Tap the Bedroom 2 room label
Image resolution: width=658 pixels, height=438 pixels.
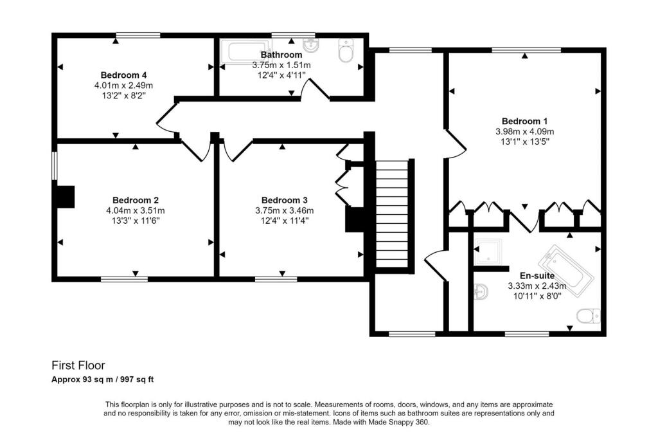[x=135, y=200]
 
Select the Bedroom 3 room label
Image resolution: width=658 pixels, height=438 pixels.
[x=283, y=200]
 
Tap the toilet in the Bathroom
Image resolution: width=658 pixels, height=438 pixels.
[x=346, y=52]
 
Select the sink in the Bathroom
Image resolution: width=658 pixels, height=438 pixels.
[x=312, y=46]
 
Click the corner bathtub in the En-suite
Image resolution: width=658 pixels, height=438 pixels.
[x=565, y=270]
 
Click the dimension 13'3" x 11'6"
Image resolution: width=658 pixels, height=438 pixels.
[x=135, y=221]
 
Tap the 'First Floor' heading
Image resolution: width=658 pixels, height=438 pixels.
[x=78, y=366]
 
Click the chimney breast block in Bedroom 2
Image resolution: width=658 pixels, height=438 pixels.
[x=66, y=197]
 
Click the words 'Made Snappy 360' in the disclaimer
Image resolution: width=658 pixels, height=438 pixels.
[x=396, y=422]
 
